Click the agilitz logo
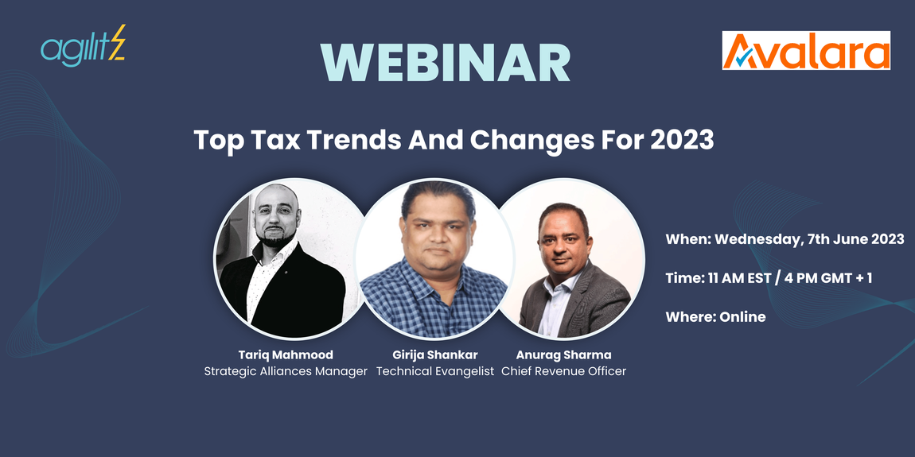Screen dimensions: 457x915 click(x=83, y=48)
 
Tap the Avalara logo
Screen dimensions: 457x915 click(x=806, y=51)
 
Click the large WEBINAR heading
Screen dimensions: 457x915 click(x=446, y=62)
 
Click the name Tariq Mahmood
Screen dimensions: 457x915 click(x=286, y=354)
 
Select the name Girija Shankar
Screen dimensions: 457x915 click(x=435, y=354)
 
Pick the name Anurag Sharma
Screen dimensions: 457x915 click(x=563, y=354)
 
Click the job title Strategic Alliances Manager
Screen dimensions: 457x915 click(x=286, y=371)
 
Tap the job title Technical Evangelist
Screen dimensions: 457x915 click(x=435, y=371)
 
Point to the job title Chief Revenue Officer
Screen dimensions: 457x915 click(x=563, y=371)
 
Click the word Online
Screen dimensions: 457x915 click(x=742, y=316)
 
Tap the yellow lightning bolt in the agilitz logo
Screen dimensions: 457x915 click(x=118, y=47)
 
